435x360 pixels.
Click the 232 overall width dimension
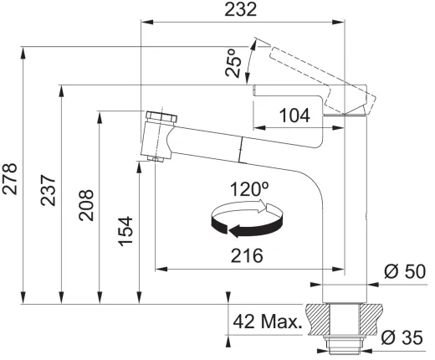240,9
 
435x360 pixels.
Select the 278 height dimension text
9,179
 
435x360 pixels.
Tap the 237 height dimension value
48,190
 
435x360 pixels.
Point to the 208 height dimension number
86,205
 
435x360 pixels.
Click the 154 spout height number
125,231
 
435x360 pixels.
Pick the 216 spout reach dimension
247,255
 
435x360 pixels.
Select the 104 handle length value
294,116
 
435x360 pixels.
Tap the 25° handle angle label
233,63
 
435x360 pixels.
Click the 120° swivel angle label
249,188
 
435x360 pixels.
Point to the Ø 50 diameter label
405,271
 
